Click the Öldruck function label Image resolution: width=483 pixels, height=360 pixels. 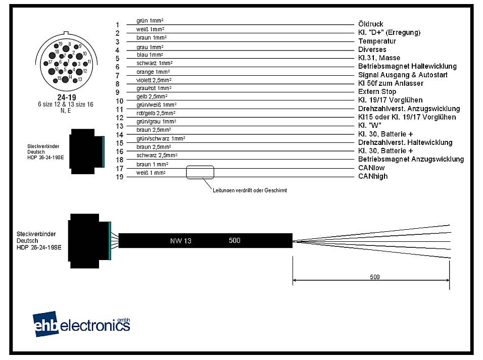370,24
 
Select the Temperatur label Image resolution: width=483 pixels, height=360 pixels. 377,41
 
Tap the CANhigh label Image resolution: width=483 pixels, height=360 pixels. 373,176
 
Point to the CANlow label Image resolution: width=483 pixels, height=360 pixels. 371,168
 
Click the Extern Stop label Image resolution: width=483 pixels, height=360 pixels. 377,92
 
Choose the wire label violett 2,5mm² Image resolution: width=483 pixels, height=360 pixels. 154,80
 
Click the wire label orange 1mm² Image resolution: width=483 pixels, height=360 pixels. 153,72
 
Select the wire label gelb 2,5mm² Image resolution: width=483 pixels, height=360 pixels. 152,96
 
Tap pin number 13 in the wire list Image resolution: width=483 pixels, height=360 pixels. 119,126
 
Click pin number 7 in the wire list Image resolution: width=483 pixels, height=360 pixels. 117,75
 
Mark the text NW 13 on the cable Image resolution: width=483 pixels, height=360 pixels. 180,241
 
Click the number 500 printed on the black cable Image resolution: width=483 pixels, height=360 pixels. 234,240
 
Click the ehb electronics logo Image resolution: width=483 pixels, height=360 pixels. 81,324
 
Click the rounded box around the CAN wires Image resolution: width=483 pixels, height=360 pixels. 200,172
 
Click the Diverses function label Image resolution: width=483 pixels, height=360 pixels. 372,49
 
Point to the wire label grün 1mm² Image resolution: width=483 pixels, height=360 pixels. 150,21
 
